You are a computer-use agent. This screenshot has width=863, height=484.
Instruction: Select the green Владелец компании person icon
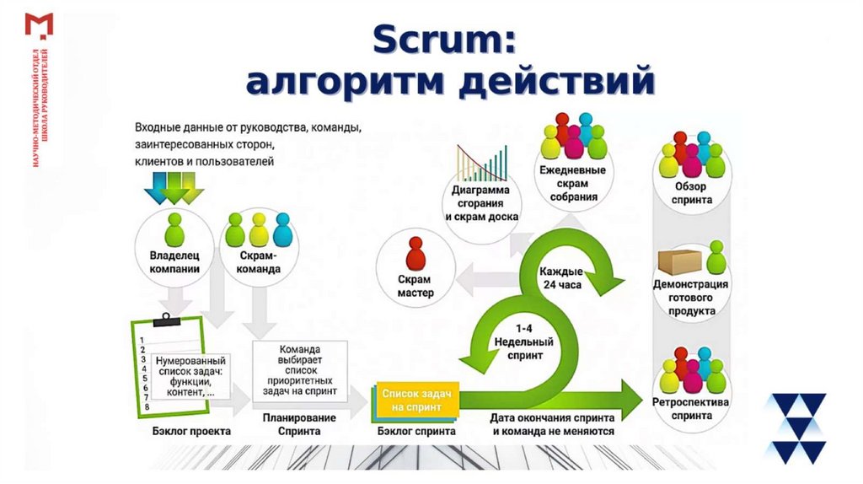174,229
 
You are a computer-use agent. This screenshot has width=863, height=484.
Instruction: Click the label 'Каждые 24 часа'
561,277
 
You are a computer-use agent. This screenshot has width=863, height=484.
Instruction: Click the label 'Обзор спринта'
692,193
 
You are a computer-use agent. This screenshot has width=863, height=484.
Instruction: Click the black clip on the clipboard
166,319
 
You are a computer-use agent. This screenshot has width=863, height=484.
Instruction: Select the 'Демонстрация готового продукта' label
691,298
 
